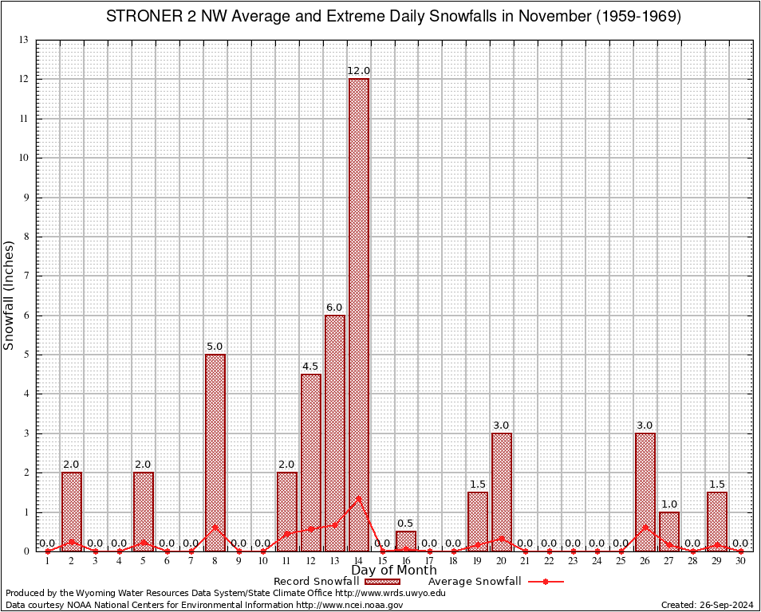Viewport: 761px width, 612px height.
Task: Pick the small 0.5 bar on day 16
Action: tap(406, 541)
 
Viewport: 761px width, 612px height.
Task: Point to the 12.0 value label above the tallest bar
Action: tap(359, 72)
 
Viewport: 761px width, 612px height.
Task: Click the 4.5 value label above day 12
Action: tap(311, 367)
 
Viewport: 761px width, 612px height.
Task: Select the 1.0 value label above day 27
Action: tap(669, 504)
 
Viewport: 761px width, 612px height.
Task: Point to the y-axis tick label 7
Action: tap(26, 276)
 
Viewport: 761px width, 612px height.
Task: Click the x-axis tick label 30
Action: tap(741, 562)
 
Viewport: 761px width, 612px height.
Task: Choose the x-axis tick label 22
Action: tap(550, 562)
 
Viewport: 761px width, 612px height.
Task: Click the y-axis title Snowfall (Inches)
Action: tap(10, 295)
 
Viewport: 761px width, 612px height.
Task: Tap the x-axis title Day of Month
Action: tap(394, 571)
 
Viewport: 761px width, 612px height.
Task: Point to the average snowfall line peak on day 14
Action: tap(359, 498)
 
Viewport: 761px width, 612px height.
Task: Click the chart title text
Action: tap(393, 17)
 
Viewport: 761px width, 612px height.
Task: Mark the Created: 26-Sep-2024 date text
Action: tap(708, 605)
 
